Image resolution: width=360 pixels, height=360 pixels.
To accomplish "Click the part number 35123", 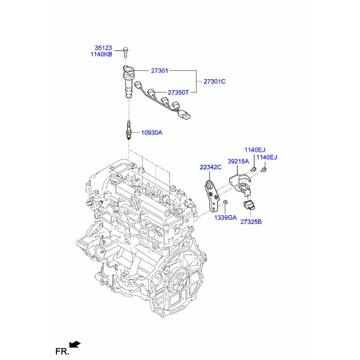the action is pyautogui.click(x=103, y=48).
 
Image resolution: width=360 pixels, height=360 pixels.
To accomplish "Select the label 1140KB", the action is pyautogui.click(x=101, y=55).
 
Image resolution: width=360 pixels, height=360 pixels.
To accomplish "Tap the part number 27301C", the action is pyautogui.click(x=215, y=82).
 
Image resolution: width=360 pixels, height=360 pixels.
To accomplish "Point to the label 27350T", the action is pyautogui.click(x=178, y=92).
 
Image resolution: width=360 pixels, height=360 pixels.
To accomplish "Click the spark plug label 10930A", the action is pyautogui.click(x=152, y=133).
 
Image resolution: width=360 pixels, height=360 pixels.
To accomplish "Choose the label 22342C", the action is pyautogui.click(x=211, y=167).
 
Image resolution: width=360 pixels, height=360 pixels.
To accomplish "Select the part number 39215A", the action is pyautogui.click(x=238, y=161).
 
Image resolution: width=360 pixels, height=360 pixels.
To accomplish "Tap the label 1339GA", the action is pyautogui.click(x=226, y=218).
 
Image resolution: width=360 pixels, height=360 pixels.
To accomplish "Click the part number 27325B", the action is pyautogui.click(x=251, y=222).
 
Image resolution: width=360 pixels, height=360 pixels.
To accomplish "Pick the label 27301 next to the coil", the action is pyautogui.click(x=160, y=71).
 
